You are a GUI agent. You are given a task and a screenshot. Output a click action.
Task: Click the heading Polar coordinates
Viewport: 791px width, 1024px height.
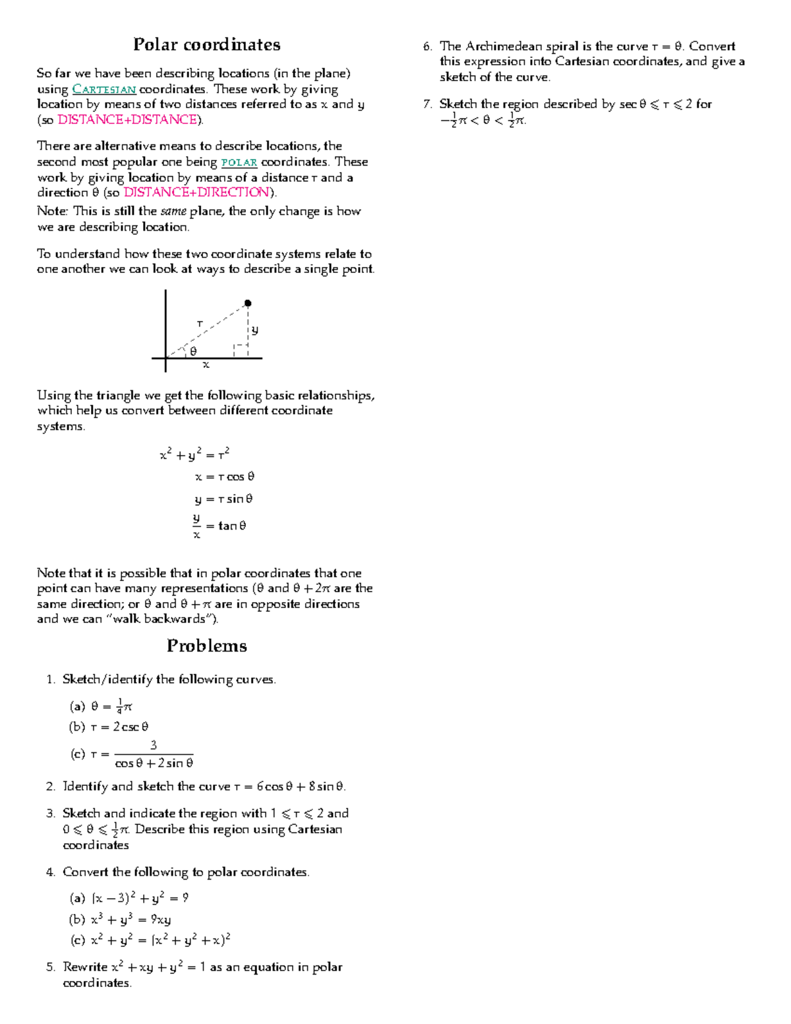(x=206, y=45)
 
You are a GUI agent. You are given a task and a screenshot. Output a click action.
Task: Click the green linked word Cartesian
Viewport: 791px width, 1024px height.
(x=104, y=90)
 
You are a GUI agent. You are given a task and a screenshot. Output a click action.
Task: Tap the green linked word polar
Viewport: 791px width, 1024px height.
(x=239, y=162)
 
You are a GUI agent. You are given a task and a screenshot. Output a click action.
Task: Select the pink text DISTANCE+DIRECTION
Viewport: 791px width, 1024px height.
(x=197, y=193)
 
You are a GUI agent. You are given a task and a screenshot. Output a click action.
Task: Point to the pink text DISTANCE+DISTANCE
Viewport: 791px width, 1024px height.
(x=127, y=119)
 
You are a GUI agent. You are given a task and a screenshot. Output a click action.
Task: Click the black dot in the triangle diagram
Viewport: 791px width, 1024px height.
(x=248, y=303)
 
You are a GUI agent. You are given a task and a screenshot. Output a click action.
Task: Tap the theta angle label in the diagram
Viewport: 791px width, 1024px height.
(x=193, y=351)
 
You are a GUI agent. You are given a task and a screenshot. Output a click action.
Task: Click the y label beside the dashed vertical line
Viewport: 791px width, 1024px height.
(x=255, y=330)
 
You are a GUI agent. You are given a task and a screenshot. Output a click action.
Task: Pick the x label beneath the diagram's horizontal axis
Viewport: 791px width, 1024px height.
(x=206, y=365)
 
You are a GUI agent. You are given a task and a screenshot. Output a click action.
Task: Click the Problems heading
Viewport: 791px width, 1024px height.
(x=206, y=646)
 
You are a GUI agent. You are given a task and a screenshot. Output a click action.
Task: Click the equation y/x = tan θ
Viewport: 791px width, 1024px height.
(x=220, y=526)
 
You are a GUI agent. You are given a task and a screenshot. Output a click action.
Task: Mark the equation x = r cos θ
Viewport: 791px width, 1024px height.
(x=225, y=477)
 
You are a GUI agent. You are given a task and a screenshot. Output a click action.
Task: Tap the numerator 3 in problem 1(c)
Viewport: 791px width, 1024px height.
(x=154, y=745)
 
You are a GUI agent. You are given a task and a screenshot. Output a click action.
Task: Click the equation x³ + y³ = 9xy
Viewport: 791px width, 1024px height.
(x=131, y=919)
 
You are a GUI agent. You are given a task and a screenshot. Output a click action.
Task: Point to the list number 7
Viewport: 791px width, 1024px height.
(x=427, y=104)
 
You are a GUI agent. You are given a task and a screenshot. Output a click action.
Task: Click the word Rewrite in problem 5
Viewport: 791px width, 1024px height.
(x=85, y=967)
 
